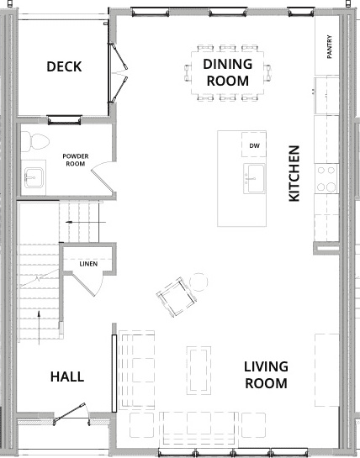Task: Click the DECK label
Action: tap(64, 66)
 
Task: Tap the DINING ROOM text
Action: tap(227, 72)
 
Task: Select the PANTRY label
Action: tap(330, 47)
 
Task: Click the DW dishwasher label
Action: tap(254, 145)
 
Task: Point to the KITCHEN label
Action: tap(294, 173)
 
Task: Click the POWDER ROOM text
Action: tap(76, 160)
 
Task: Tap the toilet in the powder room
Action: tap(34, 141)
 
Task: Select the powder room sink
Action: tap(34, 177)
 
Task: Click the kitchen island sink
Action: tap(254, 178)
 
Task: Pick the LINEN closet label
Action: tap(88, 264)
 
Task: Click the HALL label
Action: tap(67, 376)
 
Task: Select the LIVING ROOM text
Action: tap(266, 375)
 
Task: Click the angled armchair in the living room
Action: tap(177, 297)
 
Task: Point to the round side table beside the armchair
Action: tap(199, 282)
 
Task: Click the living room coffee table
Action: tap(199, 371)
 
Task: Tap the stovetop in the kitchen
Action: tap(326, 178)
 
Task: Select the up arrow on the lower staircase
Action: tap(39, 328)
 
